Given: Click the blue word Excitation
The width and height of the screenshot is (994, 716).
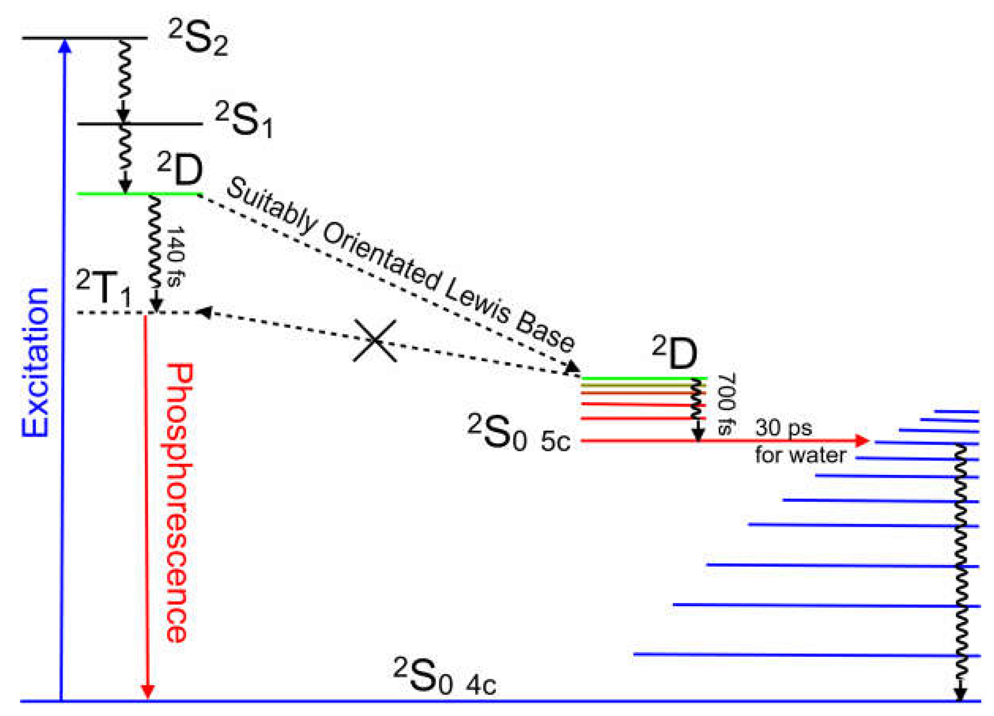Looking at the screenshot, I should (x=35, y=362).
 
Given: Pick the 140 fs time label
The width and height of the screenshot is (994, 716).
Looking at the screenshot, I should (x=176, y=257).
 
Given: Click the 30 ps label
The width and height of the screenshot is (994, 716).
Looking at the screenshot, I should (x=783, y=428).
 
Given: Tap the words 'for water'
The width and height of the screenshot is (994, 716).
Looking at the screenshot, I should (x=800, y=455).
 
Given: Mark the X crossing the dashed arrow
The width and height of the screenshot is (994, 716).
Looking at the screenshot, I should (x=375, y=341).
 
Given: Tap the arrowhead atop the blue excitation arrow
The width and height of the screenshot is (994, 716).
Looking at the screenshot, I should (x=64, y=46).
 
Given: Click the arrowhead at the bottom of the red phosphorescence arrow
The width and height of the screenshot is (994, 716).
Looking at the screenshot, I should (x=148, y=692).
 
